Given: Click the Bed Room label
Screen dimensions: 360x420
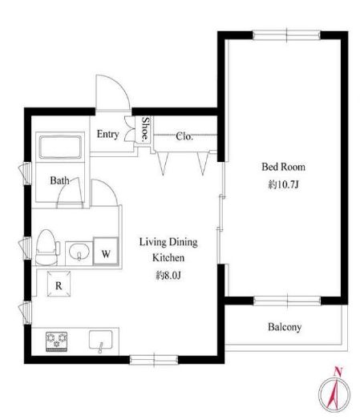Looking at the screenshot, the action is [x=283, y=167].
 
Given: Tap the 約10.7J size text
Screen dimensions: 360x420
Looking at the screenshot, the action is [x=283, y=184].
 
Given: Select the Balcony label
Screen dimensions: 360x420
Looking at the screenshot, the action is [x=285, y=327].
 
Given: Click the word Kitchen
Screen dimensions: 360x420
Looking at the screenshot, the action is [x=168, y=257].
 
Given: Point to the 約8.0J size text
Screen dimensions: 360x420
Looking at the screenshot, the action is [x=168, y=275].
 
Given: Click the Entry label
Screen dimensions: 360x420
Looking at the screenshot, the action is [x=108, y=134].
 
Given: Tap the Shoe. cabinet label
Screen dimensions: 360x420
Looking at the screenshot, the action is [x=145, y=128].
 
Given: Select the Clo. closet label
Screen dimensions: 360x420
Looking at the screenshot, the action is [x=184, y=136].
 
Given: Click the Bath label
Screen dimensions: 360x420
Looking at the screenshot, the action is [x=59, y=180].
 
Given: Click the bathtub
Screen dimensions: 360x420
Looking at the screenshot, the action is [x=60, y=147].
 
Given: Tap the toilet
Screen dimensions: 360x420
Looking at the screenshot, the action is [x=47, y=248].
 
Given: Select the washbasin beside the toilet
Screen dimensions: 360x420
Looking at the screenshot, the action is [x=79, y=252].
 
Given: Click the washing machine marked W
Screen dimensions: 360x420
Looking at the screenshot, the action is [x=106, y=251].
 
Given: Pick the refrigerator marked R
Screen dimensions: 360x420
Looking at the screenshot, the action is [x=59, y=284].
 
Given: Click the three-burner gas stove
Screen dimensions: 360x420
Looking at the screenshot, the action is [x=56, y=341].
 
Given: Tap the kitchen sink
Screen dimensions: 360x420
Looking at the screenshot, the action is [x=101, y=340].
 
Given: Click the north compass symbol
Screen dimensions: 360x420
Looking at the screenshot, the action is [x=334, y=392].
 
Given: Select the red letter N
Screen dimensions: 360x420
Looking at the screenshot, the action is [x=338, y=372].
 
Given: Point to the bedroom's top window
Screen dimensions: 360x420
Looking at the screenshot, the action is [x=286, y=35].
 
